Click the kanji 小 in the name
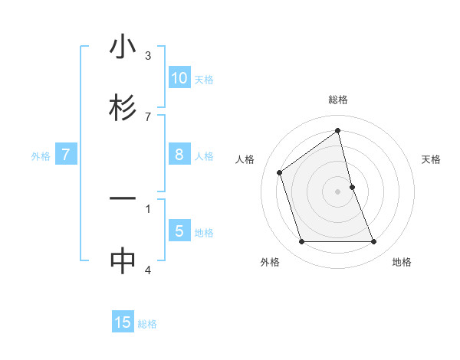[123, 47]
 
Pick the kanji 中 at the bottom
[123, 260]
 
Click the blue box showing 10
[179, 77]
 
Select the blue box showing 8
[179, 155]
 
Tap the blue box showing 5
[179, 231]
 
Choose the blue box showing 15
[123, 322]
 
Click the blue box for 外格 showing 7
[66, 155]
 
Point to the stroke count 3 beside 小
[148, 55]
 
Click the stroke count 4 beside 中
[148, 269]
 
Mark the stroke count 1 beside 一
[148, 208]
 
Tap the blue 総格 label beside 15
[147, 324]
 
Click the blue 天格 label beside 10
[204, 79]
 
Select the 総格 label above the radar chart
[338, 100]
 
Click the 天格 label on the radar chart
[432, 159]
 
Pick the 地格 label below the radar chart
[402, 262]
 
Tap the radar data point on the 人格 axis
[280, 172]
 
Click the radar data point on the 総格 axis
[338, 131]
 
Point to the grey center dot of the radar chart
[338, 191]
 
